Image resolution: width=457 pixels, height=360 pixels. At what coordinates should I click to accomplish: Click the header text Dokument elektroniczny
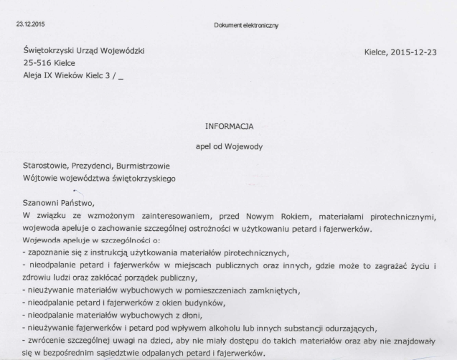247,26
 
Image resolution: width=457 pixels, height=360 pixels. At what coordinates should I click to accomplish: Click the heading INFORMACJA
229,127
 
